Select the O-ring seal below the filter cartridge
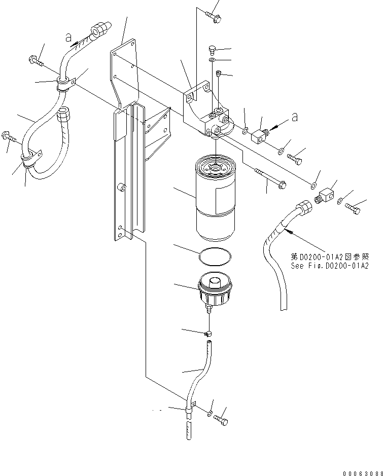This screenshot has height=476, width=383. click(x=214, y=258)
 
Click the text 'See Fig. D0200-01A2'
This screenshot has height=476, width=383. click(x=329, y=265)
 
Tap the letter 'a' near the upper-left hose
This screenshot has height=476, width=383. click(x=67, y=36)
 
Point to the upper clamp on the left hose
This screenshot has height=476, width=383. click(x=65, y=83)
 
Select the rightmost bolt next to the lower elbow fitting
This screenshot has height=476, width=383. click(x=355, y=207)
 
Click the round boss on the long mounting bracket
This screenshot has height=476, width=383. click(x=122, y=188)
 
